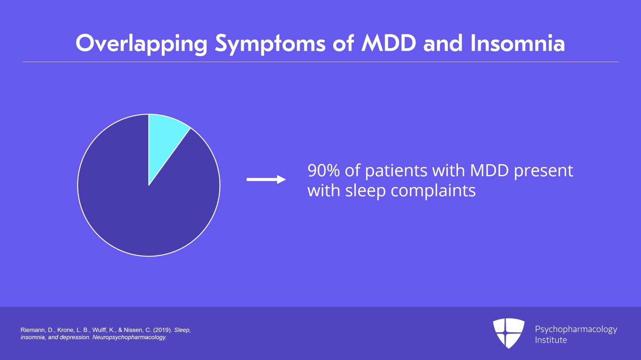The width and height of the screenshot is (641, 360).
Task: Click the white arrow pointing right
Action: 266,179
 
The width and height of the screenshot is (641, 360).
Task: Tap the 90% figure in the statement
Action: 324,171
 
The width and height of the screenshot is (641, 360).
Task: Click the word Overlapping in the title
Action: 141,44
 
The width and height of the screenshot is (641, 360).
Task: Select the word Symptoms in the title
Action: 270,44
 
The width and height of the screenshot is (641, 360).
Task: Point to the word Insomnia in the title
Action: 518,43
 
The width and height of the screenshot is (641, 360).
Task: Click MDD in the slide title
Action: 388,43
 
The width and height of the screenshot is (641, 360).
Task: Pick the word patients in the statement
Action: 396,171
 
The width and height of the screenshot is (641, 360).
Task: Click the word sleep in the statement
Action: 365,191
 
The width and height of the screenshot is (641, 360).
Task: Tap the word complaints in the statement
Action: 433,191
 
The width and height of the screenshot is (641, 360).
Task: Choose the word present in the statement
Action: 543,171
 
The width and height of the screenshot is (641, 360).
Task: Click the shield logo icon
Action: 509,333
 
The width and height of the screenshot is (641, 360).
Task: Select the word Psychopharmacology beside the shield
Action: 576,330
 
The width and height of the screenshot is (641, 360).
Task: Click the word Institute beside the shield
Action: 551,340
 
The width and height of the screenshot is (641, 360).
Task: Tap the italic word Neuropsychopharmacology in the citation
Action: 129,338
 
